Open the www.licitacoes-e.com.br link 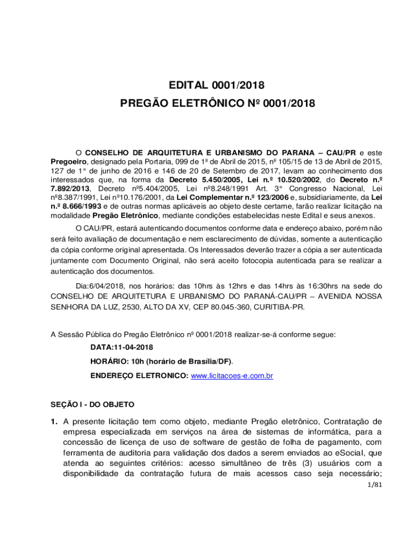tap(232, 375)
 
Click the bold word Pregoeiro tap(68, 161)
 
